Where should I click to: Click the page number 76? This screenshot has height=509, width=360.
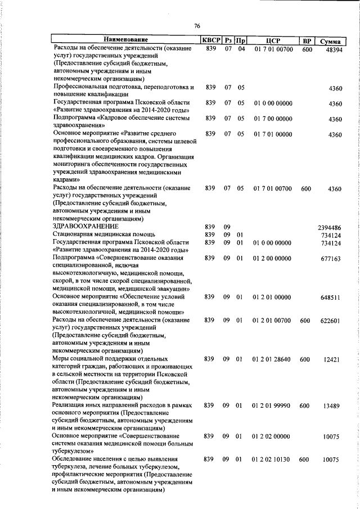coord(197,25)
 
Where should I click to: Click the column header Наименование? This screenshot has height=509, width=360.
coord(125,39)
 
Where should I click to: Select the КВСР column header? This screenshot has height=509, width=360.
coord(211,40)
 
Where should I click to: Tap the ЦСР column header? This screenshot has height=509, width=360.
coord(273,40)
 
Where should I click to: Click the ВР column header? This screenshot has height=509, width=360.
coord(307,40)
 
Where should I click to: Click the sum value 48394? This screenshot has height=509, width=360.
coord(330,49)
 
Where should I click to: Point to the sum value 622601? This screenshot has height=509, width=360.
coord(330,321)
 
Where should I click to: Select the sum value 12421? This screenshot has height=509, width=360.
coord(332,358)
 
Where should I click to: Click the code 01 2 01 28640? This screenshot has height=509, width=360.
coord(273,358)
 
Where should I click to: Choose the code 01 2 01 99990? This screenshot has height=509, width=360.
coord(273,405)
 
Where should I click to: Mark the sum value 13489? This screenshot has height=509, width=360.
coord(332,405)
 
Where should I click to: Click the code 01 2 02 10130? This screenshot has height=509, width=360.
coord(273,460)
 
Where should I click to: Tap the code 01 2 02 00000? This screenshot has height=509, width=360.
coord(273,436)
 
